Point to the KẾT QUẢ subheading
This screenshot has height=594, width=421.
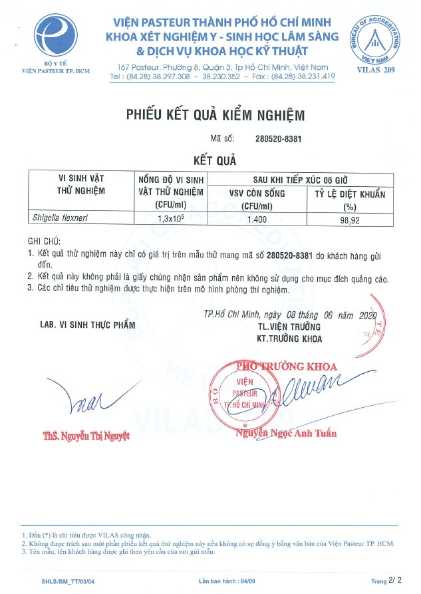click(215, 160)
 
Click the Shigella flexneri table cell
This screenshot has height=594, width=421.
click(61, 218)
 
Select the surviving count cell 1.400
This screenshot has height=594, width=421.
click(257, 218)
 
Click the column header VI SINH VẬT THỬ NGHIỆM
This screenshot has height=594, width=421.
click(82, 184)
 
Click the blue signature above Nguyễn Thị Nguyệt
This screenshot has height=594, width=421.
click(86, 399)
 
